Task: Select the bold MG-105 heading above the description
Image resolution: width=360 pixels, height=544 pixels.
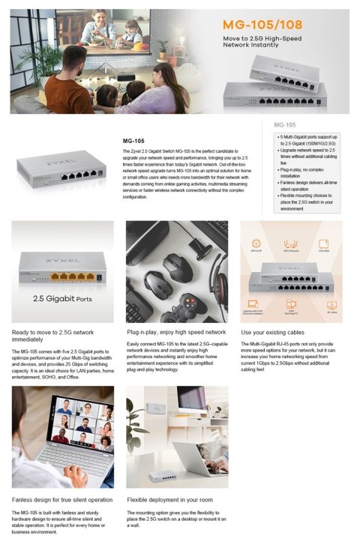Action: [x=133, y=140]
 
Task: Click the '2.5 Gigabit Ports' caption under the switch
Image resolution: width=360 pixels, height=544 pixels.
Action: [x=61, y=297]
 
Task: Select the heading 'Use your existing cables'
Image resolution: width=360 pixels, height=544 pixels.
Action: [x=274, y=332]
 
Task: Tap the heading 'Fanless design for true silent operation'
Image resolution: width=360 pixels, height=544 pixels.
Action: [x=62, y=499]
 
